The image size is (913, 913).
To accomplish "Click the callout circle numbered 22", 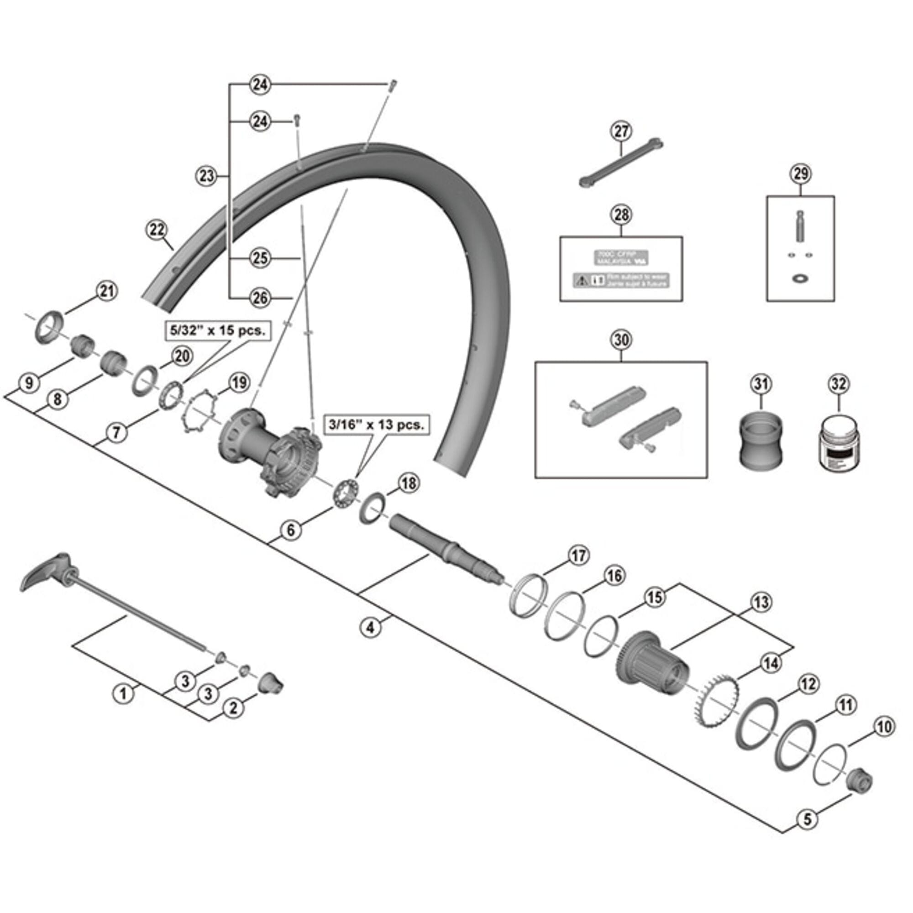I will (157, 230).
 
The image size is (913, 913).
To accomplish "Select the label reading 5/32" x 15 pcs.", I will (218, 330).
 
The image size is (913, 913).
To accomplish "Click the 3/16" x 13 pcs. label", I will (376, 425).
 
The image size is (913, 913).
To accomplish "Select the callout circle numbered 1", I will (123, 694).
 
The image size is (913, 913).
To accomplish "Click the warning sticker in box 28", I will (621, 280).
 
